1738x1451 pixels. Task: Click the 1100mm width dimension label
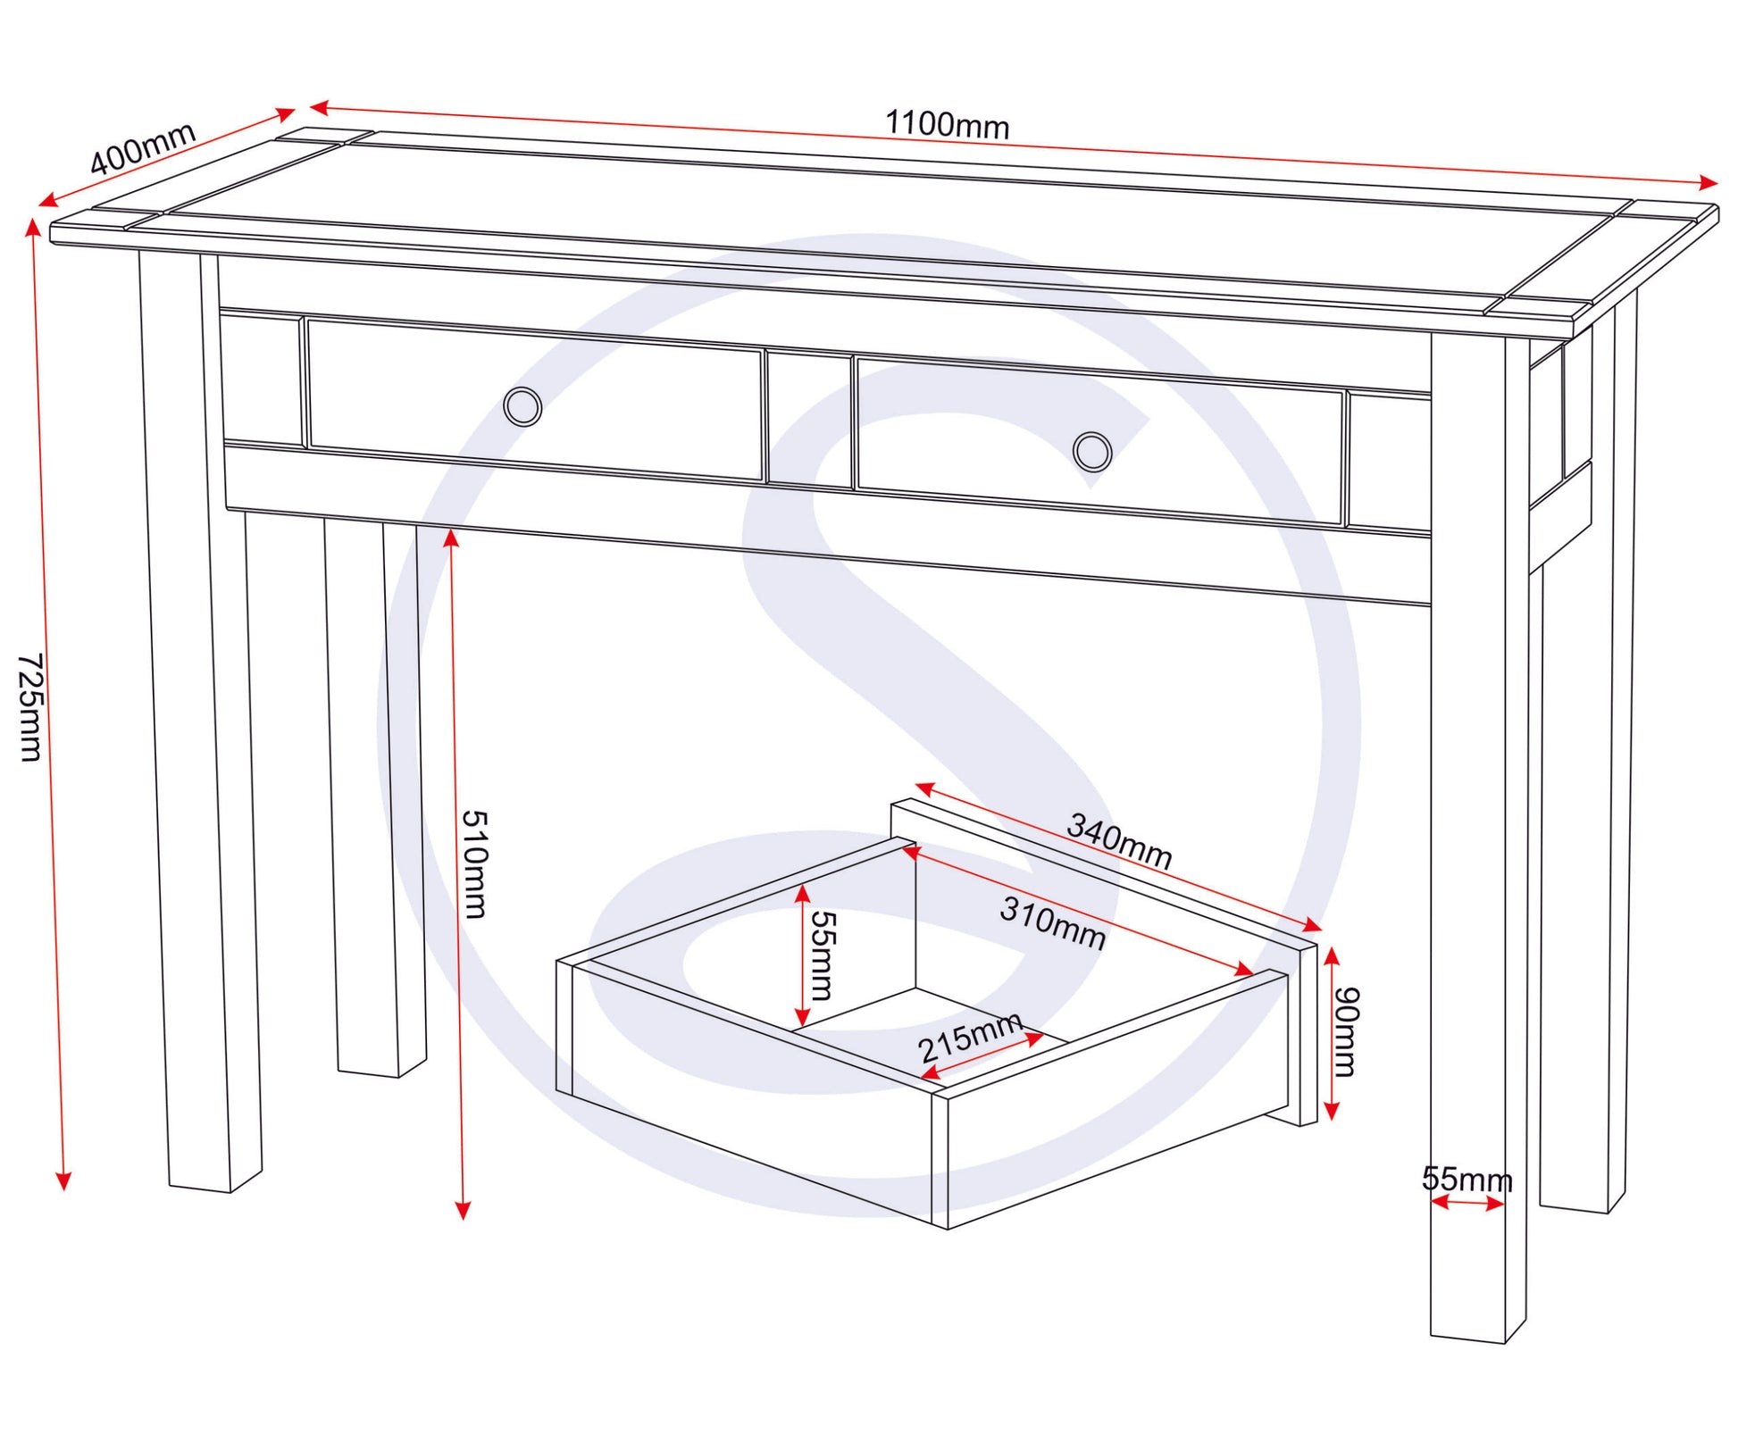click(x=947, y=125)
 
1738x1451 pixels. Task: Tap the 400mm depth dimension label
click(x=143, y=147)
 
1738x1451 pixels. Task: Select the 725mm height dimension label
click(x=30, y=707)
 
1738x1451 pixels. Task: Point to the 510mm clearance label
click(x=473, y=863)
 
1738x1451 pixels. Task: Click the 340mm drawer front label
click(x=1119, y=840)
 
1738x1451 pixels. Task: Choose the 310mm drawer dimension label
click(x=1053, y=922)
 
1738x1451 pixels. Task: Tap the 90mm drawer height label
click(x=1345, y=1031)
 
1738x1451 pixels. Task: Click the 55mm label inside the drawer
click(x=821, y=955)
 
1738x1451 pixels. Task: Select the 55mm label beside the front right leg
click(x=1467, y=1180)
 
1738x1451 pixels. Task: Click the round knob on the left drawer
click(x=522, y=406)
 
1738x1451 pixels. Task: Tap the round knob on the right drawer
click(x=1092, y=451)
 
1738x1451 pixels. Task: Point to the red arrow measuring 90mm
click(x=1331, y=1034)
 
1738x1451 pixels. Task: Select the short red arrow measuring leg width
click(x=1467, y=1204)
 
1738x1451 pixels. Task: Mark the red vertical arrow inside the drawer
click(x=802, y=955)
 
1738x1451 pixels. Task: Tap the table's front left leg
click(x=201, y=723)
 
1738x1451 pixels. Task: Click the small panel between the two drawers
click(x=809, y=420)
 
